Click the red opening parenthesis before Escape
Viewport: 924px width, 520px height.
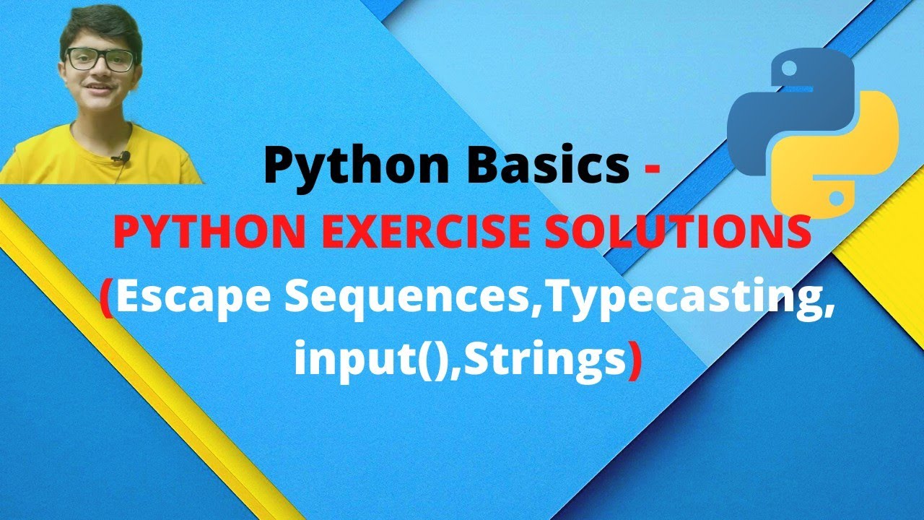[x=106, y=299]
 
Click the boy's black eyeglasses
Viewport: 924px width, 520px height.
[x=101, y=59]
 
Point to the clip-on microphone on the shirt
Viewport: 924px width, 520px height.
[x=121, y=157]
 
